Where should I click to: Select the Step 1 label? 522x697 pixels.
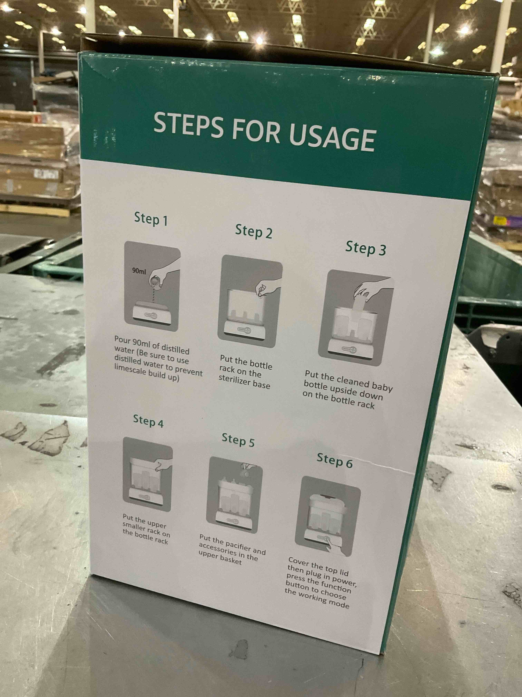point(151,219)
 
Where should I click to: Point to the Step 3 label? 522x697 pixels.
point(366,248)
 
